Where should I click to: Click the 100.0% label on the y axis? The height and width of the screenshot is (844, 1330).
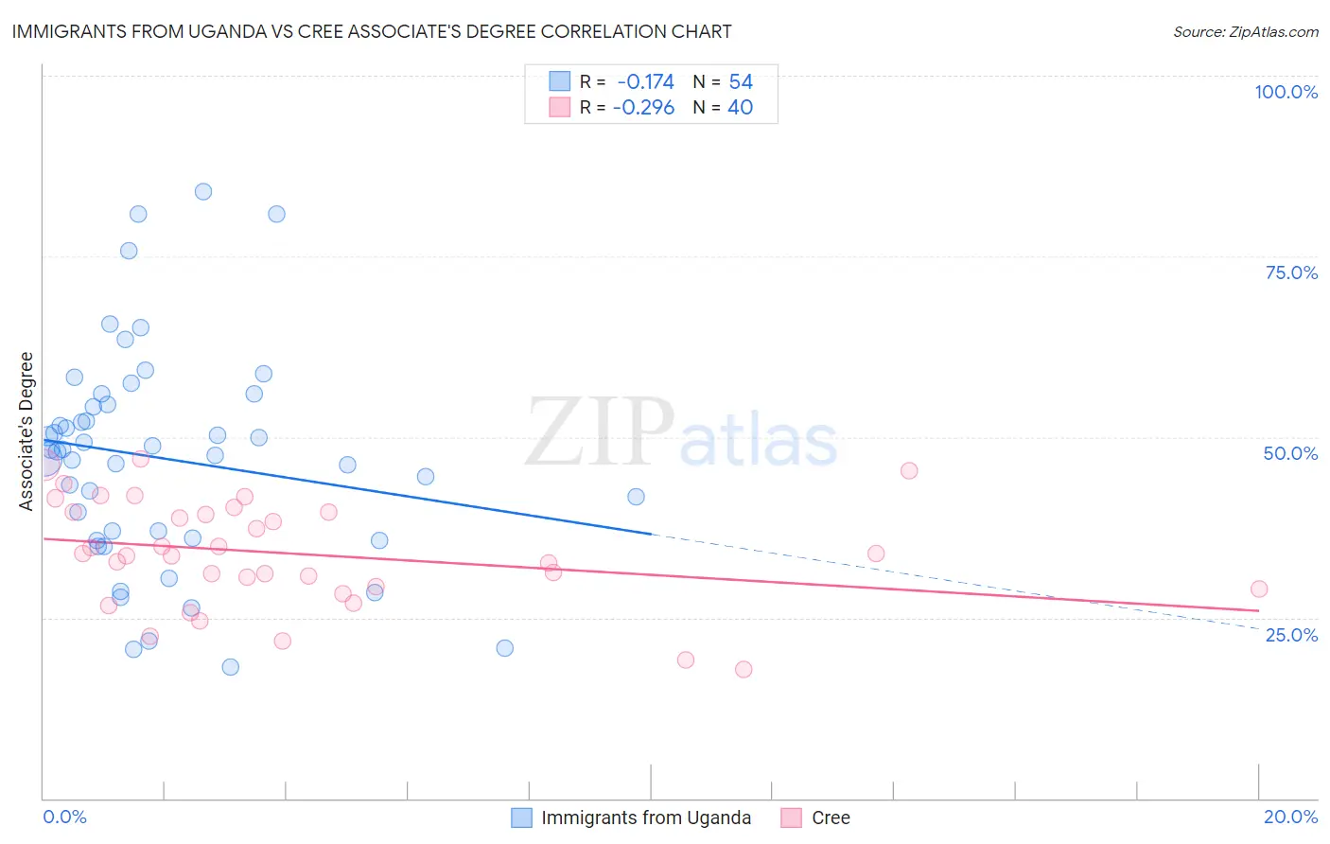1286,92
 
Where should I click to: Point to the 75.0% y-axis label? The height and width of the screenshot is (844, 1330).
1291,273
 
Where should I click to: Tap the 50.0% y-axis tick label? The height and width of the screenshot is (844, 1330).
1290,453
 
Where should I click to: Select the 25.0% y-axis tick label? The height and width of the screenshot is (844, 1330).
1291,634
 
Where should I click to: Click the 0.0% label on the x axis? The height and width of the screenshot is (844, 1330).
64,817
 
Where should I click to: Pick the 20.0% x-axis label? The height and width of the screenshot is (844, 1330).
1290,817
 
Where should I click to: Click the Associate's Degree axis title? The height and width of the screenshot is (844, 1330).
26,431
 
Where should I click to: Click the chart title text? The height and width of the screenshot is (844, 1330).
372,31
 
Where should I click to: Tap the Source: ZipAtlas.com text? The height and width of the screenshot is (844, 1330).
1245,31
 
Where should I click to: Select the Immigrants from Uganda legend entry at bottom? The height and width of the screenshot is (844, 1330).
645,818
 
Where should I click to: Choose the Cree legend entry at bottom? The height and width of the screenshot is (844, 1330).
830,818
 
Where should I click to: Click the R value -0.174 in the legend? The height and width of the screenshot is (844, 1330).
645,82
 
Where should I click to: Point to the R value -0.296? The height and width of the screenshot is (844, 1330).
643,108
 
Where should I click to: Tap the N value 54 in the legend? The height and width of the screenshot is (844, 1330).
740,82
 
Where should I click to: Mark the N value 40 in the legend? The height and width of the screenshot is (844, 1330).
740,108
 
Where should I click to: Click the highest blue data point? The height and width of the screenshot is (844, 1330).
203,191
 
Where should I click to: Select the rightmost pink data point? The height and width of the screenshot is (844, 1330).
1259,589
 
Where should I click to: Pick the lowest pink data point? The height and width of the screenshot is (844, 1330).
744,669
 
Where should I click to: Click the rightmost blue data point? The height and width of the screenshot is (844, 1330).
637,497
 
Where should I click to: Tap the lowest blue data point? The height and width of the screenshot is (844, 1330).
231,667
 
